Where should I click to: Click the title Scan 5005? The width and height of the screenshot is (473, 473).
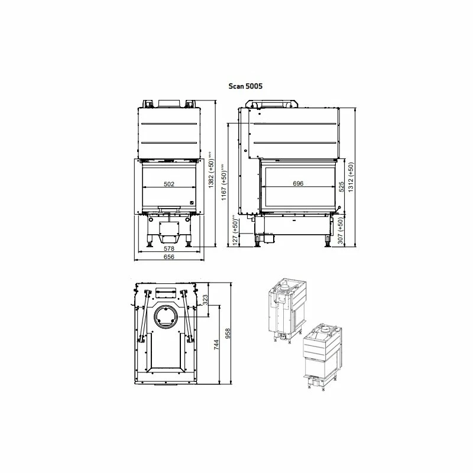pos(245,86)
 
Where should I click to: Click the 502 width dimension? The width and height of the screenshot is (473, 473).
pos(169,184)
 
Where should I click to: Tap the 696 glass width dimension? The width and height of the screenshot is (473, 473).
pos(298,183)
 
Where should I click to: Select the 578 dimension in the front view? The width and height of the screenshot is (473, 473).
pos(169,248)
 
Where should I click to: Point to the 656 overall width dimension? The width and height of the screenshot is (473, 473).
pos(169,257)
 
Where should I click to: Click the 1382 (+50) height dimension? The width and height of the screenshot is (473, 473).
pos(211,170)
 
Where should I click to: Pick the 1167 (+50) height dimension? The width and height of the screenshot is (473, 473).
pos(223,182)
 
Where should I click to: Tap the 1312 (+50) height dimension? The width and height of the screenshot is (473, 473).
pos(351,177)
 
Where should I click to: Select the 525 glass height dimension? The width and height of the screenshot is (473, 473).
pos(342,187)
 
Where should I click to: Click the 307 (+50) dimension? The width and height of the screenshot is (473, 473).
pos(341,231)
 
